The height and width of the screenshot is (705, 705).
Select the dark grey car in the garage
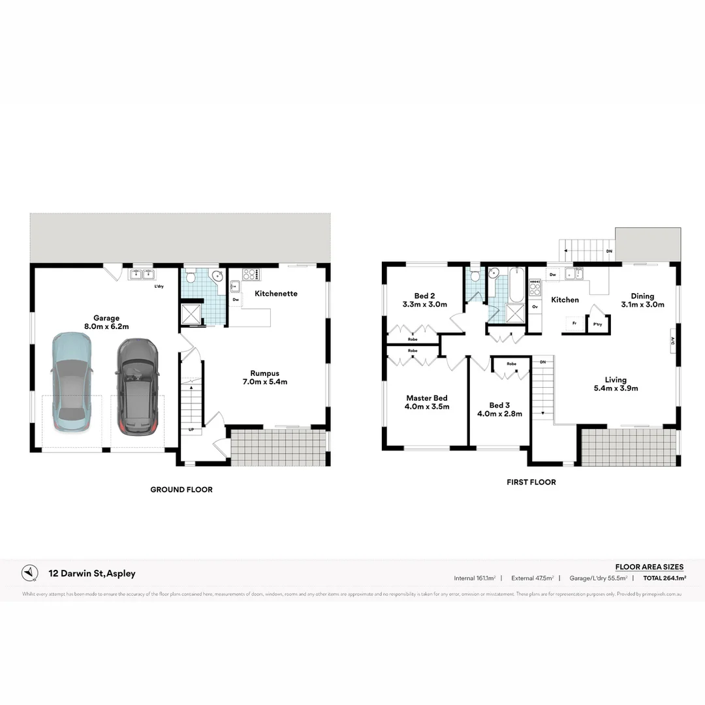click(x=137, y=385)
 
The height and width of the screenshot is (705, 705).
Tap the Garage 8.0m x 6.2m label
click(x=106, y=322)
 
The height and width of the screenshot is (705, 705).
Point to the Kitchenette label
click(x=276, y=294)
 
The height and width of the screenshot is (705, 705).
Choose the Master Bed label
click(x=427, y=402)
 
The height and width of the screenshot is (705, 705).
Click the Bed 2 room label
click(x=424, y=300)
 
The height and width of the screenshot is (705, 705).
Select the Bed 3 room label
click(x=499, y=409)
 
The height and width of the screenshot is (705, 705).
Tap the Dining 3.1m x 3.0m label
click(x=642, y=300)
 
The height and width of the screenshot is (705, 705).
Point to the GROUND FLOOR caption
click(x=181, y=490)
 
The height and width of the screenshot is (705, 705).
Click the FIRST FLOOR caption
click(x=531, y=482)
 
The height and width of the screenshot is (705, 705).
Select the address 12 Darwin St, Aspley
click(x=92, y=574)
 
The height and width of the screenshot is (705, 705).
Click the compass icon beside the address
click(x=30, y=572)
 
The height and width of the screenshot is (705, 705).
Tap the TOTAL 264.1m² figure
click(x=664, y=578)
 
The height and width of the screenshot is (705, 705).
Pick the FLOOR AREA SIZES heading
click(x=650, y=567)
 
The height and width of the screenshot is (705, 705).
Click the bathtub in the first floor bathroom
click(x=516, y=285)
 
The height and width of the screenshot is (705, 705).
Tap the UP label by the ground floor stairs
click(x=191, y=430)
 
